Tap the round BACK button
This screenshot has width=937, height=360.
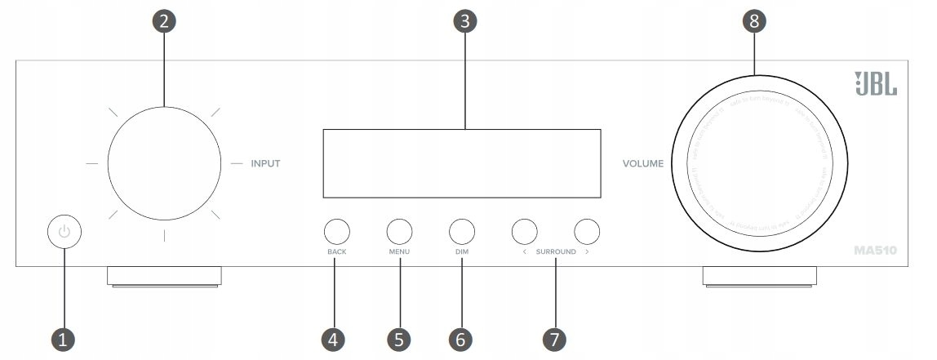(337, 232)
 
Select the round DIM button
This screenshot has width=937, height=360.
(461, 232)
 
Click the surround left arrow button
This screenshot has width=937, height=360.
(524, 232)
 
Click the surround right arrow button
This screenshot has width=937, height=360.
(587, 232)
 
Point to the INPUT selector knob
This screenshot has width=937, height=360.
(163, 163)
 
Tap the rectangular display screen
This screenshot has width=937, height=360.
(462, 163)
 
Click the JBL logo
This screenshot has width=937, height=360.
(876, 83)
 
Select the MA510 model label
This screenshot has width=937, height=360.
(876, 251)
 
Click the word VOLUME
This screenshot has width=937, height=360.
(642, 163)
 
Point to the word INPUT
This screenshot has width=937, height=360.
(265, 163)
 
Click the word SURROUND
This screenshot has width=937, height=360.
(556, 252)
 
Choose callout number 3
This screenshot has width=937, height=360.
(464, 22)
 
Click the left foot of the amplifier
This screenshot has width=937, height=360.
(163, 276)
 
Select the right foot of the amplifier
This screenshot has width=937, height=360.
(759, 276)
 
